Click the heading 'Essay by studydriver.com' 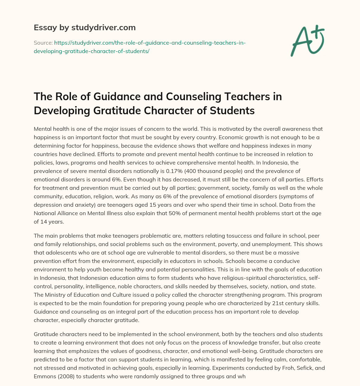85,27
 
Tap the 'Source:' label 43,43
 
